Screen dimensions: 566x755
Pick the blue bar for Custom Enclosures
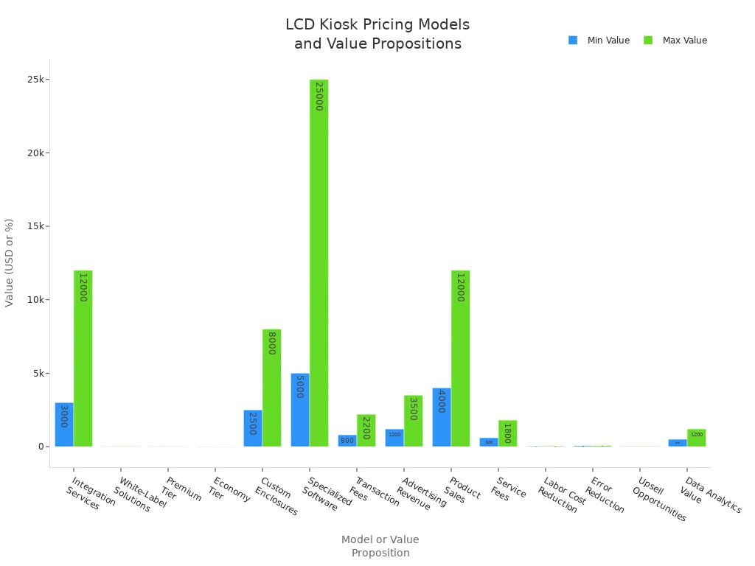[x=253, y=428]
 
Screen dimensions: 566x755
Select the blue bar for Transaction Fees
[x=347, y=441]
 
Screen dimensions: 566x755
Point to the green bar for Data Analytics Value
[x=696, y=438]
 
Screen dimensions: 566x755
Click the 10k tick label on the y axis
[x=35, y=300]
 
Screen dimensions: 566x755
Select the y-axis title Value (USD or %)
[x=10, y=262]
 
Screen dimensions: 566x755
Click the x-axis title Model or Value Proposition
[x=380, y=546]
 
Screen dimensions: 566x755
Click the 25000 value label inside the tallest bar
[x=319, y=97]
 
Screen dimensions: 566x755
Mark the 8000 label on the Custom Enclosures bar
[x=271, y=343]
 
